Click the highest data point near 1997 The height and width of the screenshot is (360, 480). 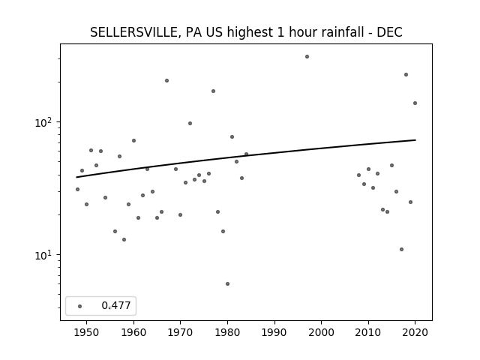(307, 57)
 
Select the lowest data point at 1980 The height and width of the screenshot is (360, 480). (227, 284)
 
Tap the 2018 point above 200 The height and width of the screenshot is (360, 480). (406, 75)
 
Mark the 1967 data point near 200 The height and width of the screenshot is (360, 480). (166, 81)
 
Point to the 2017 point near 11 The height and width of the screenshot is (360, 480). (401, 250)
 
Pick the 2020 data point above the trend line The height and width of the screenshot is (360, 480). (415, 103)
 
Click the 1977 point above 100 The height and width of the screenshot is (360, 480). (213, 91)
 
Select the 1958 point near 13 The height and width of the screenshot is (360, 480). (124, 240)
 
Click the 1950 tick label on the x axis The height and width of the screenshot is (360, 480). (87, 332)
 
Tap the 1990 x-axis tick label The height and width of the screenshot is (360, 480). (274, 332)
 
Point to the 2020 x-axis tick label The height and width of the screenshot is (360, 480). (415, 332)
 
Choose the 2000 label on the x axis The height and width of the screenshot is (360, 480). (322, 332)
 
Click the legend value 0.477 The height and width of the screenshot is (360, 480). (116, 305)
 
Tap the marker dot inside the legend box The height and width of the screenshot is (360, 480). (79, 306)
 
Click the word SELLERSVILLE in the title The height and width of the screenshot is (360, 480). (133, 32)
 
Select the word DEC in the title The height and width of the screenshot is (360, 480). (389, 32)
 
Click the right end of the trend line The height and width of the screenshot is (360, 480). (415, 140)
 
